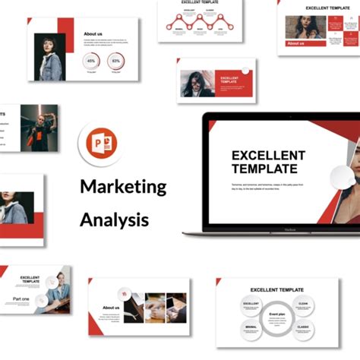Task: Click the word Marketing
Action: point(123,186)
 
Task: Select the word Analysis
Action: point(114,220)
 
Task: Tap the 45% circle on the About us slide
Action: point(91,61)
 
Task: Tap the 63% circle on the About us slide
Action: point(116,61)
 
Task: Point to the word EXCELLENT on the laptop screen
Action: point(268,156)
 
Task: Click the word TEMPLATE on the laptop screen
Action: point(264,169)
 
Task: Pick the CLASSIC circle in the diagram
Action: point(303,327)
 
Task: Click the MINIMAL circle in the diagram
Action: point(251,327)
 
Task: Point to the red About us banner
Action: point(296,43)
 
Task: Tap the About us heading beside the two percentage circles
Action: point(93,34)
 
